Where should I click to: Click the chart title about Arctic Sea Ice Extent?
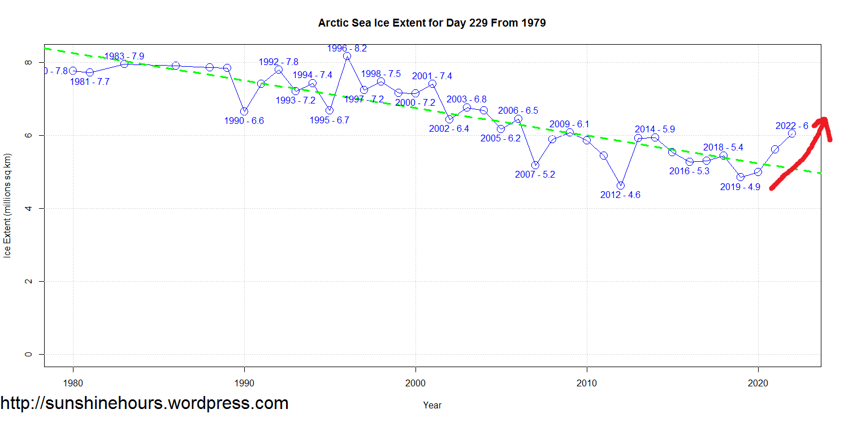[x=432, y=23]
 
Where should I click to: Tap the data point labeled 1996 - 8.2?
[x=347, y=56]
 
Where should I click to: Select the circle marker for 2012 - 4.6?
[x=621, y=186]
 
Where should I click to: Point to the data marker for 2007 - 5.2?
[x=535, y=165]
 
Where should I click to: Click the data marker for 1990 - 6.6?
[x=244, y=111]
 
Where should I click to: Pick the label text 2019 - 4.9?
[x=740, y=187]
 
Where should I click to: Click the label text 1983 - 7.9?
[x=124, y=56]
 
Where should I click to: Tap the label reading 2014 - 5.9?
[x=655, y=129]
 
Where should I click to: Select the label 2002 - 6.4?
[x=449, y=128]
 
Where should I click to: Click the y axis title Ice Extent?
[x=8, y=205]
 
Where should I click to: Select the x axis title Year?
[x=432, y=405]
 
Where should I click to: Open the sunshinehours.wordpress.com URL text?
[x=145, y=403]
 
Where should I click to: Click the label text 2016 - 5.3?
[x=689, y=171]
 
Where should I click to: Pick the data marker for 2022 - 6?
[x=792, y=134]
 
